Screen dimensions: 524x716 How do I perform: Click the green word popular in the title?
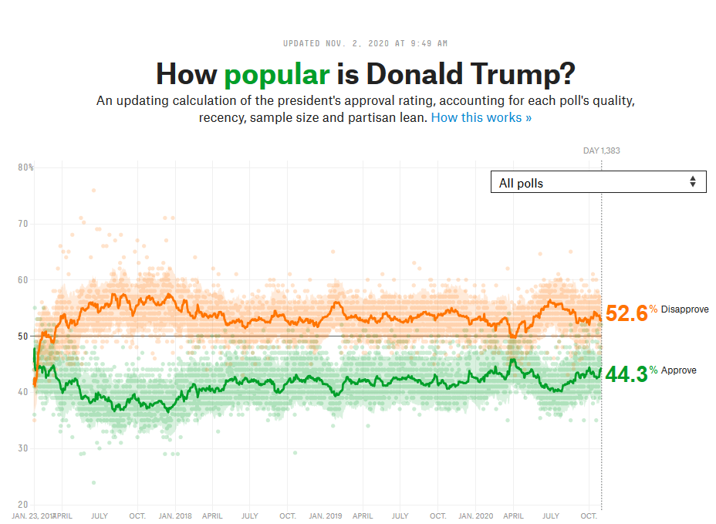pos(276,74)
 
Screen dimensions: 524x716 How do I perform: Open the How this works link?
pos(481,117)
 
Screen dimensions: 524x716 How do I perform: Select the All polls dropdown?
pos(598,182)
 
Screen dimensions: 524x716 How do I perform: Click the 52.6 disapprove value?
pos(626,313)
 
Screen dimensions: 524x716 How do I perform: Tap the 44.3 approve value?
pos(626,374)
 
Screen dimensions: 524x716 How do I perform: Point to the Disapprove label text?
pos(684,309)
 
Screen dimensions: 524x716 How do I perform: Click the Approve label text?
pos(678,370)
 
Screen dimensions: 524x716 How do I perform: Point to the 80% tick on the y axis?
pos(25,167)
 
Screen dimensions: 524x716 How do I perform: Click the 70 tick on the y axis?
pos(23,224)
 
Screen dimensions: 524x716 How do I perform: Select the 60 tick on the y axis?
pos(23,280)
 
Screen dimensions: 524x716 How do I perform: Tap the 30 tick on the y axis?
pos(23,448)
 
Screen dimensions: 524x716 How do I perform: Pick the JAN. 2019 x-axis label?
pos(325,516)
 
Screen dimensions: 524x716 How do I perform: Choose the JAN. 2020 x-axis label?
pos(475,516)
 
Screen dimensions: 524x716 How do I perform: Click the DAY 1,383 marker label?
pos(601,150)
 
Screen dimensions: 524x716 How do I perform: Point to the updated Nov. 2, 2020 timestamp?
pos(365,43)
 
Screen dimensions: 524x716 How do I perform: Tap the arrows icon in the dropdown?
pos(693,182)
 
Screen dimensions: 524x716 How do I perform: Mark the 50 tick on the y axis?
pos(23,336)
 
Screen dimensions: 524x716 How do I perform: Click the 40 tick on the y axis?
pos(23,392)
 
